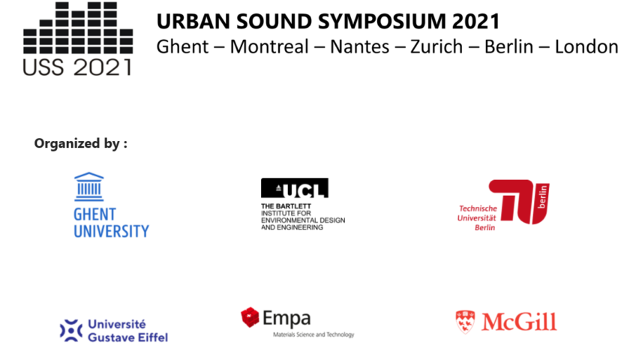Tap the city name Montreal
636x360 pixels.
(x=269, y=46)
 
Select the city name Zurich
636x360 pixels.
(x=436, y=46)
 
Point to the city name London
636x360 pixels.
(x=586, y=46)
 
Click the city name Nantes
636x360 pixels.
(x=359, y=46)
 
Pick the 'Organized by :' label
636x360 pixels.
(x=81, y=143)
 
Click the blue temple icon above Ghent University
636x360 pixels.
(x=88, y=187)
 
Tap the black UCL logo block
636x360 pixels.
(x=295, y=188)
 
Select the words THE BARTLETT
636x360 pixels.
(x=286, y=206)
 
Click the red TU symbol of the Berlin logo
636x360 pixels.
(x=519, y=202)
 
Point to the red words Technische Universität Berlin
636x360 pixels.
(x=477, y=218)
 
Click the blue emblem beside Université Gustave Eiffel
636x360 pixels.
(x=71, y=331)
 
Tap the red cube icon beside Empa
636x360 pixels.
(x=250, y=317)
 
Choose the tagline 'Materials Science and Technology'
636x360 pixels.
(x=313, y=334)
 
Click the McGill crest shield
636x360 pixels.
(x=465, y=322)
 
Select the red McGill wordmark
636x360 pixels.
(x=519, y=322)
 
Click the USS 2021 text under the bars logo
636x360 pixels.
(x=77, y=67)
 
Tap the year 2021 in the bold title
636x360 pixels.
(x=475, y=22)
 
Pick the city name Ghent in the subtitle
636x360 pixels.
(x=182, y=46)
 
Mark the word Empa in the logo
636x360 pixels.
(x=286, y=318)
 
